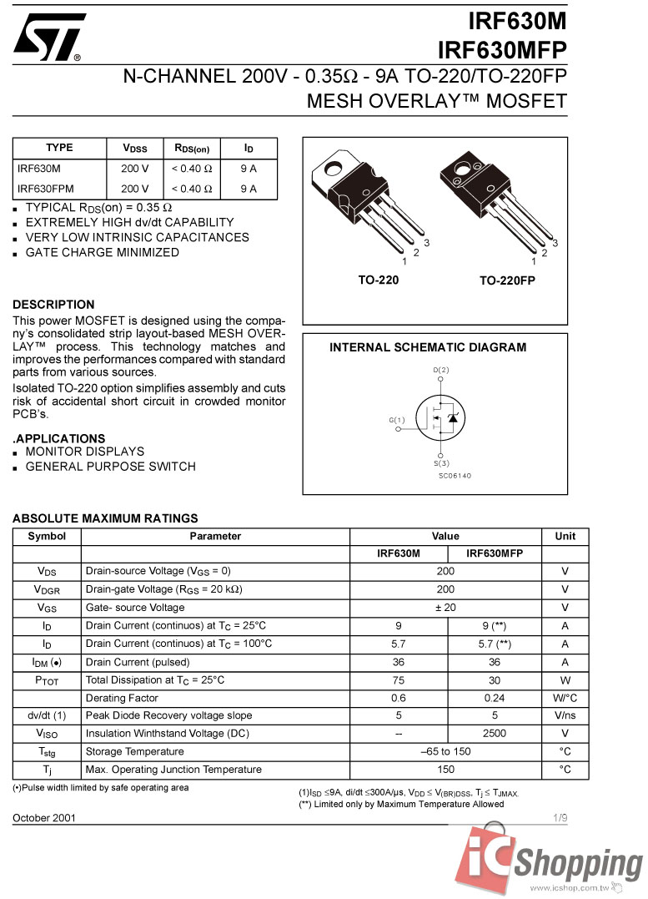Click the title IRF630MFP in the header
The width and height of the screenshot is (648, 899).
pyautogui.click(x=501, y=51)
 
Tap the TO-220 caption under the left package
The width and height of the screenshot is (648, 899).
pyautogui.click(x=378, y=280)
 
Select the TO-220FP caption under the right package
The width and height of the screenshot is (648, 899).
pyautogui.click(x=506, y=281)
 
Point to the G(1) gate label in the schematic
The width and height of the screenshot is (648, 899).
pyautogui.click(x=397, y=420)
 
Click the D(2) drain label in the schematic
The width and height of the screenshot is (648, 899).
pyautogui.click(x=441, y=370)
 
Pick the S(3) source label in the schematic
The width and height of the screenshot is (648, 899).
pyautogui.click(x=441, y=462)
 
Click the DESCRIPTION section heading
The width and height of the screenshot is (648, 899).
pyautogui.click(x=53, y=305)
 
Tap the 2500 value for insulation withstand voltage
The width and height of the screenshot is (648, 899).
pyautogui.click(x=495, y=734)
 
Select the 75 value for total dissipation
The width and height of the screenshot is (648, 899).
pyautogui.click(x=399, y=680)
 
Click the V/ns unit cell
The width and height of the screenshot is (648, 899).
pyautogui.click(x=565, y=715)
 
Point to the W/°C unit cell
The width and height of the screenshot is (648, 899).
pyautogui.click(x=565, y=698)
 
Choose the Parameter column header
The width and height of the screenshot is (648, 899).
pyautogui.click(x=215, y=536)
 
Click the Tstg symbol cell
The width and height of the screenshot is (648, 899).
pyautogui.click(x=47, y=751)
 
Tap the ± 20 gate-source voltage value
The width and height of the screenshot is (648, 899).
pyautogui.click(x=446, y=608)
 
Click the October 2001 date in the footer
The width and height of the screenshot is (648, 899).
pyautogui.click(x=44, y=817)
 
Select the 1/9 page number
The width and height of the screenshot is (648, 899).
pyautogui.click(x=559, y=817)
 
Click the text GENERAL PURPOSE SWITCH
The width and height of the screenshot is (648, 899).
pyautogui.click(x=111, y=467)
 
